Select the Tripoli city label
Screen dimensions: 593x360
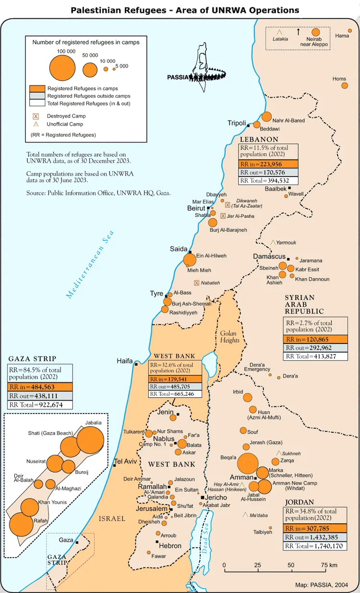click(x=237, y=123)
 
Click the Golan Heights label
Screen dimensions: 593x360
click(x=230, y=336)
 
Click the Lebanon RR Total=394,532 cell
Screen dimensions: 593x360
click(x=268, y=180)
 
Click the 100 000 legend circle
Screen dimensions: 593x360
click(x=62, y=67)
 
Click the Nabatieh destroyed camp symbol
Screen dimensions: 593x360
click(x=196, y=283)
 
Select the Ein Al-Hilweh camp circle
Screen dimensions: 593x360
click(x=190, y=260)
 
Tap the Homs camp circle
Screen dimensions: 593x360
click(x=344, y=85)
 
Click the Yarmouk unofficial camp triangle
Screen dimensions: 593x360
click(x=273, y=243)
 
